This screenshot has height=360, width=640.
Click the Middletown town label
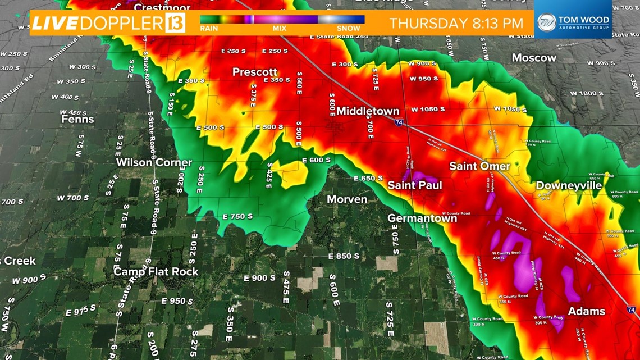[368, 111]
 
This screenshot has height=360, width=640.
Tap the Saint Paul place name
[415, 185]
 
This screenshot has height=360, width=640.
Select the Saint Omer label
[479, 166]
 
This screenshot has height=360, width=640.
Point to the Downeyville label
[569, 185]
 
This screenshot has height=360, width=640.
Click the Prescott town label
[255, 72]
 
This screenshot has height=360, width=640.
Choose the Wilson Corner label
[154, 162]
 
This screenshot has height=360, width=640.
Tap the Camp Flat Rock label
[156, 271]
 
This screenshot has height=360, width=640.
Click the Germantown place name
[422, 218]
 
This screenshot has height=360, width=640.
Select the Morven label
[347, 199]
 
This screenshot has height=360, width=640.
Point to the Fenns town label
[77, 119]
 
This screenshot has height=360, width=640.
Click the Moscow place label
[534, 58]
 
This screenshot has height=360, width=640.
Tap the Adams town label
[586, 311]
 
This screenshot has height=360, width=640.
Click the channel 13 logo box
[175, 24]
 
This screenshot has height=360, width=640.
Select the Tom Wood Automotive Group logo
[573, 23]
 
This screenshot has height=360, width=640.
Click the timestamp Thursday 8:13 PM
[456, 24]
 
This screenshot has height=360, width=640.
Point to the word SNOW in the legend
[349, 28]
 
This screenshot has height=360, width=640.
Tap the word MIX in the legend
[279, 28]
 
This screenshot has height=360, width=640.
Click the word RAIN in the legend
[209, 28]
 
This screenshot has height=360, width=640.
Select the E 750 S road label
[237, 216]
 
